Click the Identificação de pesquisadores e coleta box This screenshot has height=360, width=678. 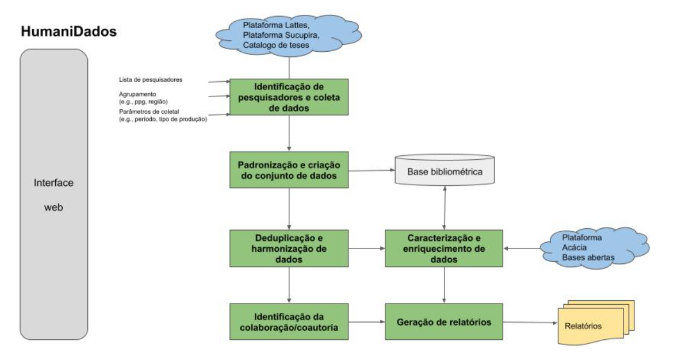[x=289, y=97]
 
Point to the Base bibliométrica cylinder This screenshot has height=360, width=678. [x=445, y=171]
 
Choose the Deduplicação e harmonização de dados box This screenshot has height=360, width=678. [x=289, y=248]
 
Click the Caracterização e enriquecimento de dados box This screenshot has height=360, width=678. [x=444, y=248]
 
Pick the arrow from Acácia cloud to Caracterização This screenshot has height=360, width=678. [x=523, y=248]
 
